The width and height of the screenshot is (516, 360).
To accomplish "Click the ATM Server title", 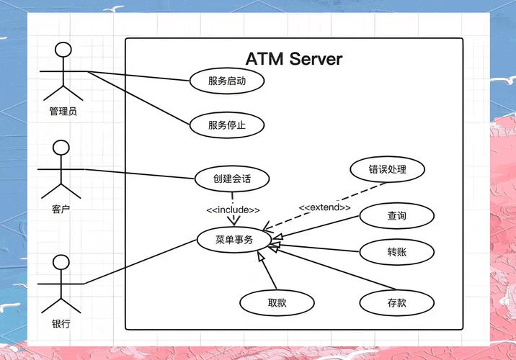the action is tap(294, 59).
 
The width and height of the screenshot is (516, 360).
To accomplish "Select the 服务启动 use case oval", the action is tap(227, 81).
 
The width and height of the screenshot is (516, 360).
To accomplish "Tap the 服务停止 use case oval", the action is tap(227, 125).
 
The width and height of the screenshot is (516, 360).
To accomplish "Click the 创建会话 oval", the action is tap(232, 179).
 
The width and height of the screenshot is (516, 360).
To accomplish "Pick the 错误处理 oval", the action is tap(387, 169).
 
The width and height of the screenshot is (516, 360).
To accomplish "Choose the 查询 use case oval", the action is tap(397, 216).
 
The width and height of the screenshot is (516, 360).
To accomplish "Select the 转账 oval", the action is tap(397, 252).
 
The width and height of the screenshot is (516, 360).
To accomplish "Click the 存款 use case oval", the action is tap(397, 303).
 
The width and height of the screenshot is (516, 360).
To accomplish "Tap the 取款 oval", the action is tap(277, 303).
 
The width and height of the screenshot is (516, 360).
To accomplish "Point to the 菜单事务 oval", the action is tap(234, 240).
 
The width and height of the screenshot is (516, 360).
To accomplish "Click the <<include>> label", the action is tap(233, 210).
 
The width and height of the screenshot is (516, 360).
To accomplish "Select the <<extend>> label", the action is tap(325, 207).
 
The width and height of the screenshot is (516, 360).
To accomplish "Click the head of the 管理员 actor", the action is tap(63, 50).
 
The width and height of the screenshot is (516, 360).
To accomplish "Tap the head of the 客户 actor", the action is tap(61, 148).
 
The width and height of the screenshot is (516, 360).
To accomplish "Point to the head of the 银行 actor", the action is tap(61, 262).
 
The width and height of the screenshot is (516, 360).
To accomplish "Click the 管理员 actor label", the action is tap(63, 112).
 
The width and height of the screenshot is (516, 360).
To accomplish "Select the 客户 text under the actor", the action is tap(61, 209).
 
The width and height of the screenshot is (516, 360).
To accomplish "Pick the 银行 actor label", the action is tap(61, 324).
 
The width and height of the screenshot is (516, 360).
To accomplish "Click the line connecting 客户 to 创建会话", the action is tap(139, 174).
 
